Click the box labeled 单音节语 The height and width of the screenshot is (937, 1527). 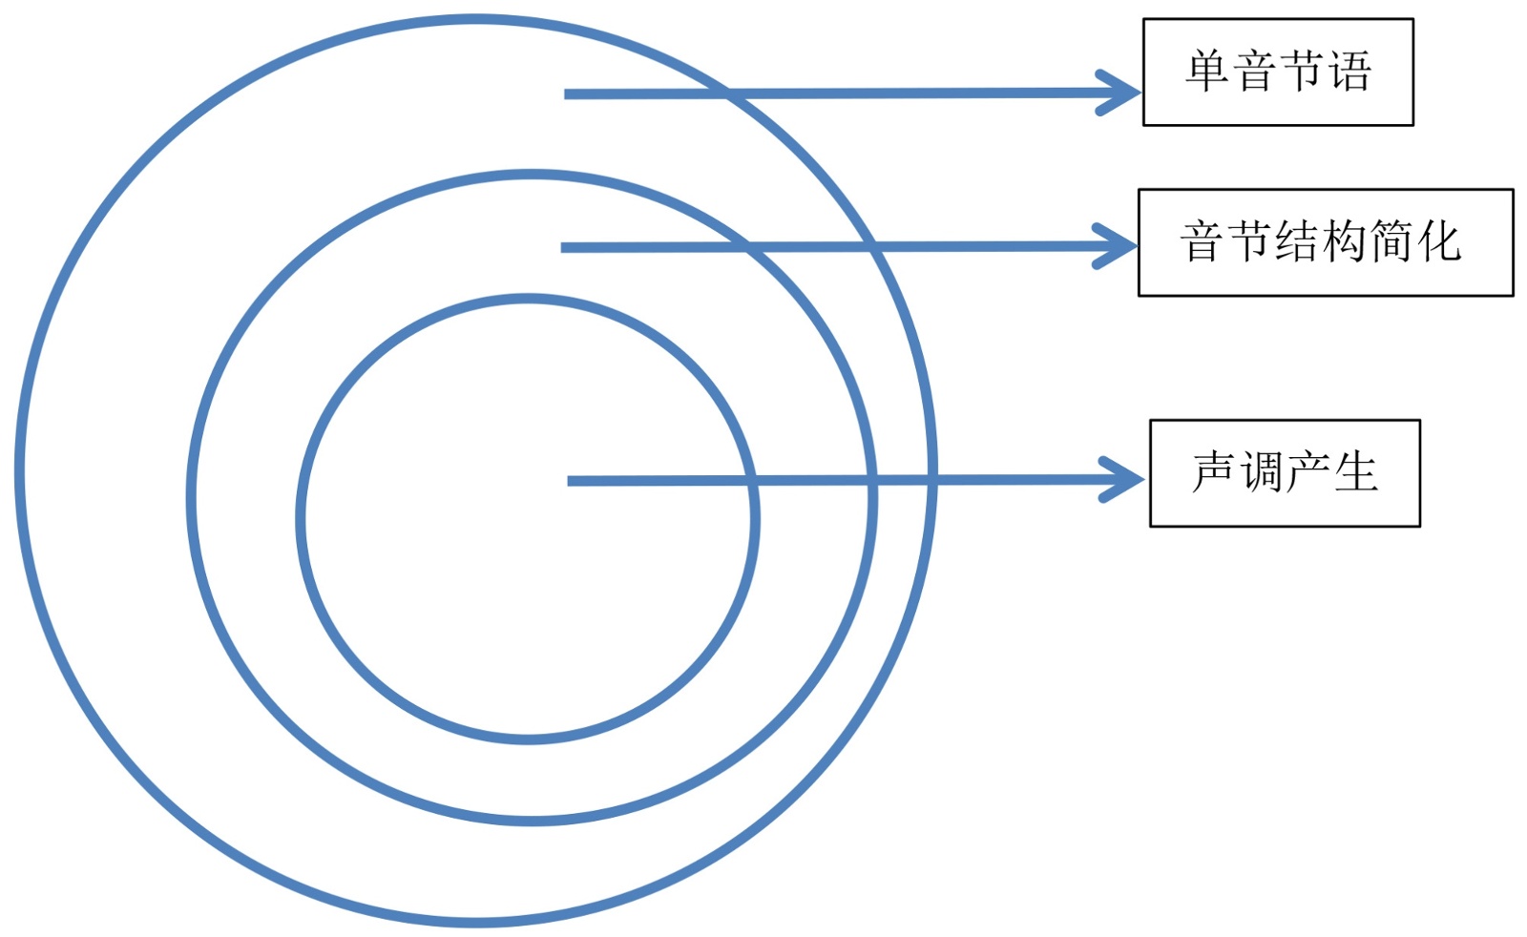click(x=1278, y=72)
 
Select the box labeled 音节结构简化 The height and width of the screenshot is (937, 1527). click(x=1326, y=242)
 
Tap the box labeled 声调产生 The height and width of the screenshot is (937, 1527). click(x=1285, y=473)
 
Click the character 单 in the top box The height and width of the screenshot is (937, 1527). click(x=1207, y=72)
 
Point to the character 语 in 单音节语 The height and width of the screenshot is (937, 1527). click(x=1349, y=72)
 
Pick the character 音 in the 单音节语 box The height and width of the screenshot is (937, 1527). click(x=1255, y=72)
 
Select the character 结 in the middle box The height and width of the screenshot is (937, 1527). click(x=1297, y=242)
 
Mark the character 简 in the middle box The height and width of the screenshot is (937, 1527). click(x=1391, y=242)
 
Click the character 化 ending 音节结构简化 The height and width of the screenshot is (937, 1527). click(x=1438, y=242)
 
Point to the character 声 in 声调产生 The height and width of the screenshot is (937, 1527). click(x=1214, y=473)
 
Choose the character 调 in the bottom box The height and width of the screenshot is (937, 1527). click(x=1262, y=473)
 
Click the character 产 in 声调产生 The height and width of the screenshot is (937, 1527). click(x=1308, y=473)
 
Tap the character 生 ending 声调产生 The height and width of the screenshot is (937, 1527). click(x=1356, y=473)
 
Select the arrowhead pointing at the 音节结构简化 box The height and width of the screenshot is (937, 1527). click(x=1120, y=246)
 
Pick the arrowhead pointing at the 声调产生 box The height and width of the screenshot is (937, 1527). click(x=1128, y=479)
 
